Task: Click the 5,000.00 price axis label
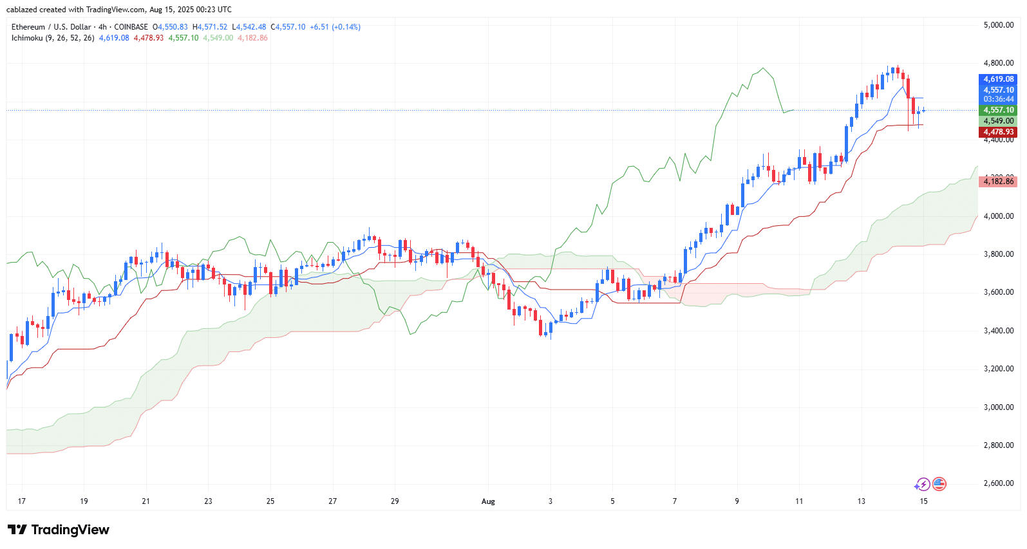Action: [998, 25]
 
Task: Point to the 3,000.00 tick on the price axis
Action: [998, 407]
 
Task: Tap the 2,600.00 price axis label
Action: [998, 483]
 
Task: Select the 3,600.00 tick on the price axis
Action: [998, 292]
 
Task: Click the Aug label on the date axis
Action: [488, 501]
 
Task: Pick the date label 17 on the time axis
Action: [22, 501]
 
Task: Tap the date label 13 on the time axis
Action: [862, 501]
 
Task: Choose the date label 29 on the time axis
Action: [395, 501]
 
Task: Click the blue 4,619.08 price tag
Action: [998, 80]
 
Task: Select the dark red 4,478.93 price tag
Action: [998, 132]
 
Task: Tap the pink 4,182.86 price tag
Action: [998, 181]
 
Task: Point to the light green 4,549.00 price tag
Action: [998, 121]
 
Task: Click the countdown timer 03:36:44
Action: [998, 99]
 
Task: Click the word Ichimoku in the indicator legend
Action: [27, 38]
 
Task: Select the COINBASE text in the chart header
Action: [131, 27]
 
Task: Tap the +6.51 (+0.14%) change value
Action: [335, 27]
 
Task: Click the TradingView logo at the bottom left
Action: [59, 530]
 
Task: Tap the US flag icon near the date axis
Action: [939, 484]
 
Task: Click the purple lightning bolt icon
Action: [923, 484]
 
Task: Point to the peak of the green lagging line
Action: [763, 68]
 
